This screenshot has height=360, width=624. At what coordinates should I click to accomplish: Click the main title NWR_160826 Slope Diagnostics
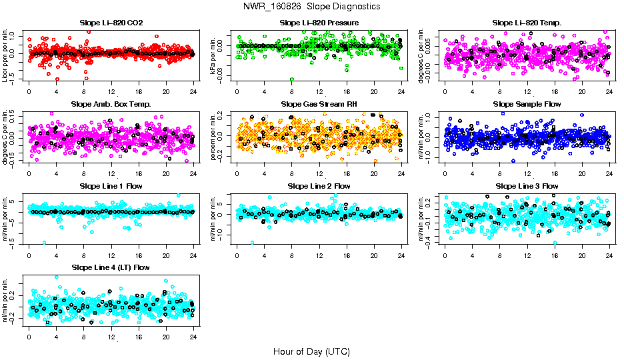tap(312, 6)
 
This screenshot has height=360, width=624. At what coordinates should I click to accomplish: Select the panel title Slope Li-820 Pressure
tap(319, 23)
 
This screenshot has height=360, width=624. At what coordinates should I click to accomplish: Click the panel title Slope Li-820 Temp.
tap(527, 23)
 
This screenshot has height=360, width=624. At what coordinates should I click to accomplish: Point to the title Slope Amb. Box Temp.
tap(111, 104)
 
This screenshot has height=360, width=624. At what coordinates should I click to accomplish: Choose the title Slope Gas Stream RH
tap(319, 104)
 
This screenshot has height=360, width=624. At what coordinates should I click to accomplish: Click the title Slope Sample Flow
tap(527, 104)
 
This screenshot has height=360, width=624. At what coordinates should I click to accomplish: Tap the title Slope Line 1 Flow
tap(111, 186)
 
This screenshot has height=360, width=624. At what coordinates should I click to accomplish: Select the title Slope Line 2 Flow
tap(319, 186)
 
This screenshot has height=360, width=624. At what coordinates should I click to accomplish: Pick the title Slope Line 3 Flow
tap(527, 186)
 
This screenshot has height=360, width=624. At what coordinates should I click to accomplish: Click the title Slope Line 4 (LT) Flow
tap(111, 267)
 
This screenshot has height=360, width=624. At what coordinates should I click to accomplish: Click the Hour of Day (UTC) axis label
tap(311, 351)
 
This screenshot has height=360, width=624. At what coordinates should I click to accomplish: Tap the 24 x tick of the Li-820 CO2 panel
tap(193, 92)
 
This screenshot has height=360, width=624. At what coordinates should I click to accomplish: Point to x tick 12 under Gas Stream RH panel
tap(319, 173)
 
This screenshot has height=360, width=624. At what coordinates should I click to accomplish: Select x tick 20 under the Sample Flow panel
tap(582, 173)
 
